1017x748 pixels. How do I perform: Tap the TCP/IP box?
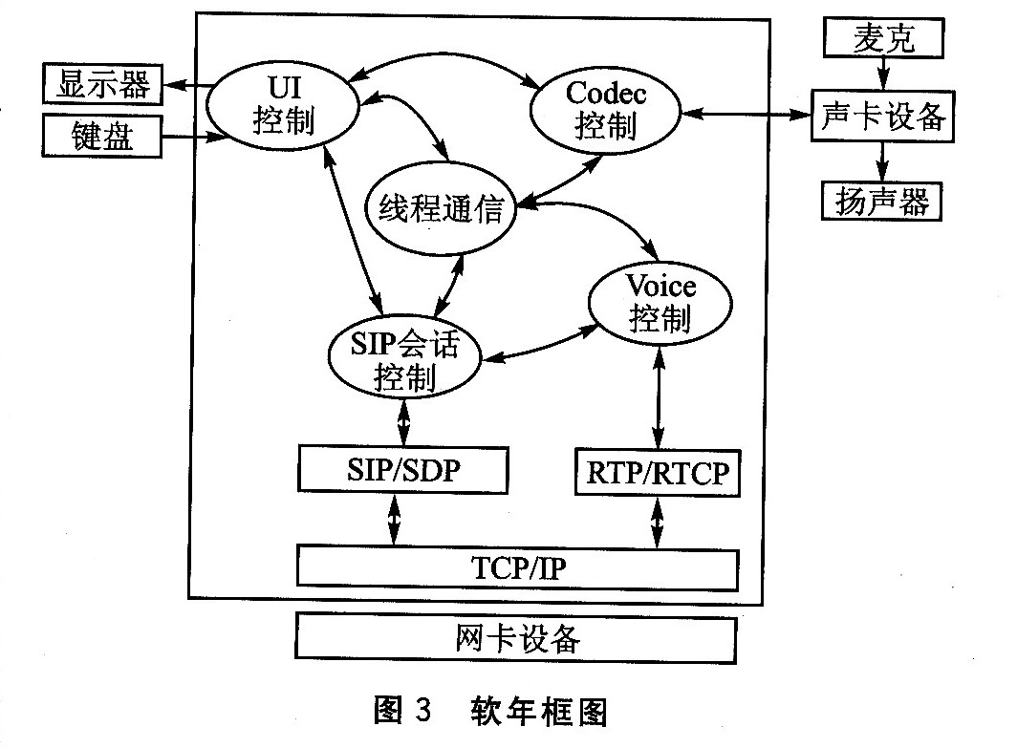[x=517, y=567]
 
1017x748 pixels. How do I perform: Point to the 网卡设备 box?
[x=516, y=638]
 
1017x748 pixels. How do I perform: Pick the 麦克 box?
[x=884, y=39]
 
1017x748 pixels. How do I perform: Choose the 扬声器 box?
[x=882, y=201]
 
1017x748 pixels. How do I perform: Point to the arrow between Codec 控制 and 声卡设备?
[x=745, y=115]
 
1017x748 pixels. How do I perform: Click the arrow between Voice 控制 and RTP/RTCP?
[x=658, y=400]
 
